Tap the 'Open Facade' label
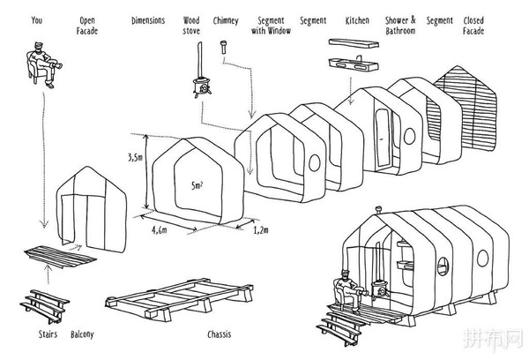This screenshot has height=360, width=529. point(87,24)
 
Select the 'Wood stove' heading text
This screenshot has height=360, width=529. point(190,24)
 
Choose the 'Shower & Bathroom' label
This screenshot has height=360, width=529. point(401,24)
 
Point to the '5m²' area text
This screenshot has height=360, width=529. point(197,186)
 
